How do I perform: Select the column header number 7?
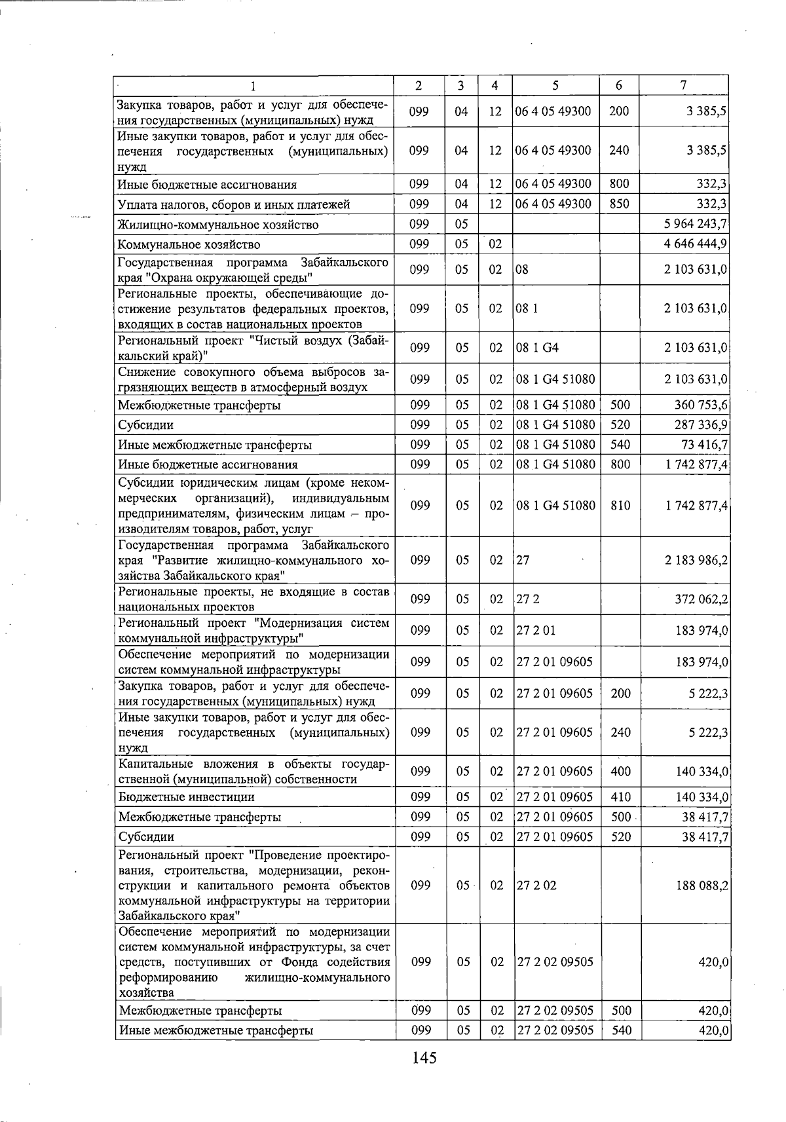[x=683, y=85]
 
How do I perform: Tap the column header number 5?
[x=555, y=85]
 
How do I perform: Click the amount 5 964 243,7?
[x=696, y=225]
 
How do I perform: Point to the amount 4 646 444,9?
[x=696, y=245]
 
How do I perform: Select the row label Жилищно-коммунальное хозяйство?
[x=218, y=225]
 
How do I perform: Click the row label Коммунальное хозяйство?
[x=189, y=245]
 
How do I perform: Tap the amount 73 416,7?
[x=704, y=445]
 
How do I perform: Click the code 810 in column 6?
[x=620, y=506]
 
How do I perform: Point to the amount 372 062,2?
[x=702, y=599]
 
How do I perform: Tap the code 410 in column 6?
[x=620, y=797]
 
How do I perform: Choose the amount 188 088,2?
[x=702, y=886]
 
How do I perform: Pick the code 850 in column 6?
[x=619, y=204]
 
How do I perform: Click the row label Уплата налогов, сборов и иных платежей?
[x=234, y=205]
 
